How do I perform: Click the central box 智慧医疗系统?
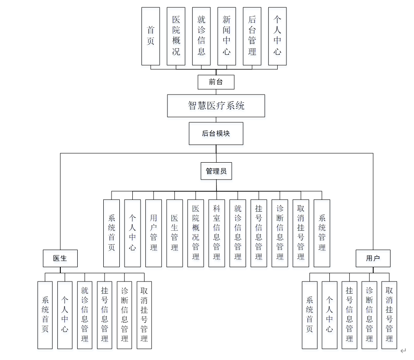pos(216,105)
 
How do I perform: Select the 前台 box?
pos(216,82)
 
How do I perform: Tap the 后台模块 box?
pos(216,133)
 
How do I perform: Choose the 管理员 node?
pos(216,171)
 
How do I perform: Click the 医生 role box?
pos(60,258)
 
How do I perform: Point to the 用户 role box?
pos(372,258)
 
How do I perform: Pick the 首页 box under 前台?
pos(151,36)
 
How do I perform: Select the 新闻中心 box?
pos(227,36)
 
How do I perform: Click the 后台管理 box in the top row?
pos(252,36)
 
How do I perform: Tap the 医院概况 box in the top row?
pos(176,36)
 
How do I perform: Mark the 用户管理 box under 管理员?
pos(153,233)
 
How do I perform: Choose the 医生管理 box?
pos(174,233)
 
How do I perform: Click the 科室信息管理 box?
pos(217,233)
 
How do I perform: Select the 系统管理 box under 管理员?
pos(322,233)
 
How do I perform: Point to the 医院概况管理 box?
pos(196,233)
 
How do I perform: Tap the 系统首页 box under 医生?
pos(45,315)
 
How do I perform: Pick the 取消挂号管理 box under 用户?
pos(389,315)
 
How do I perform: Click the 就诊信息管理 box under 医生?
pos(85,315)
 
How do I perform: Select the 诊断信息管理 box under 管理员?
pos(280,233)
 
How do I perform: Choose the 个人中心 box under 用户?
pos(329,315)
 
